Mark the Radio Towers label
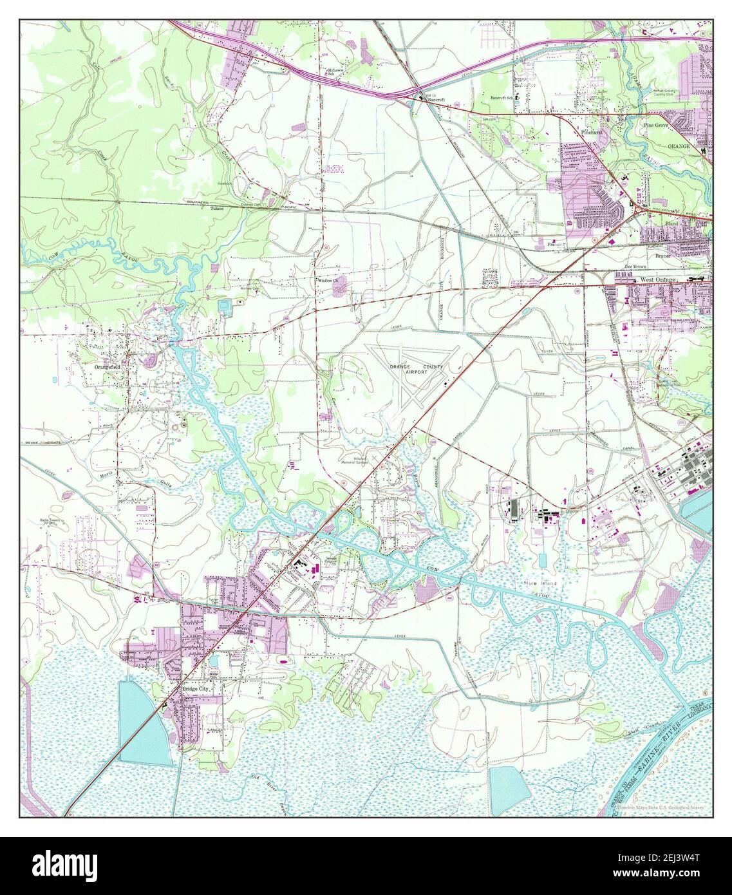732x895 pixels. coord(53,522)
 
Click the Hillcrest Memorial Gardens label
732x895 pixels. coord(357,460)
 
